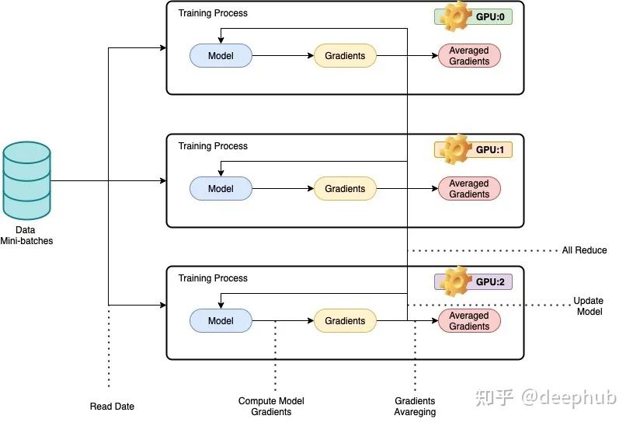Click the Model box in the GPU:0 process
pyautogui.click(x=221, y=56)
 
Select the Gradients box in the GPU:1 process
pyautogui.click(x=345, y=189)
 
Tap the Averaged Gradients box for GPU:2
pyautogui.click(x=469, y=321)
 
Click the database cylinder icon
pyautogui.click(x=26, y=180)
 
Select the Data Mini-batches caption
pyautogui.click(x=26, y=236)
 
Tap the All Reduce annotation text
pyautogui.click(x=584, y=250)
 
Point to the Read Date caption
pyautogui.click(x=112, y=407)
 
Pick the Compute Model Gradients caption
pyautogui.click(x=271, y=407)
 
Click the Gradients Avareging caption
pyautogui.click(x=415, y=407)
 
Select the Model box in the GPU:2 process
pyautogui.click(x=221, y=321)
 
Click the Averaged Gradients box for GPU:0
pyautogui.click(x=469, y=56)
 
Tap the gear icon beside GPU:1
pyautogui.click(x=455, y=148)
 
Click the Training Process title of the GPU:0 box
pyautogui.click(x=213, y=13)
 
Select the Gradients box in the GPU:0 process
pyautogui.click(x=345, y=56)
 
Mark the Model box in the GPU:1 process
pyautogui.click(x=221, y=189)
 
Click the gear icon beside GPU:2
pyautogui.click(x=455, y=280)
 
